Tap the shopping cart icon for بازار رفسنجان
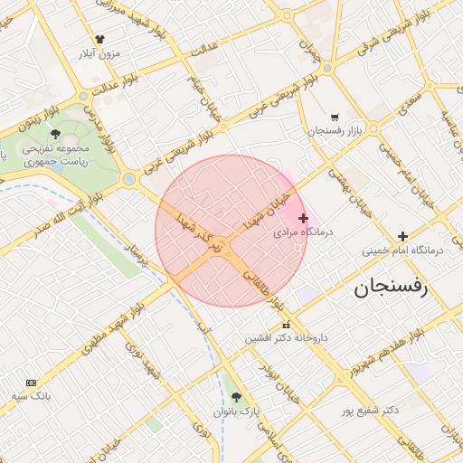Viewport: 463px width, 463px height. coord(335,117)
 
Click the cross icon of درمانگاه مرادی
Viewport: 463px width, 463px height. coord(303,218)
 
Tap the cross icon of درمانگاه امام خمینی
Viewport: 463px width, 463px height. coord(402,236)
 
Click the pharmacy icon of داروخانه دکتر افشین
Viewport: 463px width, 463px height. coord(286,325)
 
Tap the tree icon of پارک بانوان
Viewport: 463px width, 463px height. coord(238,397)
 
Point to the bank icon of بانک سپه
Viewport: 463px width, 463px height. coord(33,383)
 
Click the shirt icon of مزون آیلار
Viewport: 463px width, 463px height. coord(99,40)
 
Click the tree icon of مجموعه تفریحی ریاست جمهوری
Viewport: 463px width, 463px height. coord(55,134)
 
